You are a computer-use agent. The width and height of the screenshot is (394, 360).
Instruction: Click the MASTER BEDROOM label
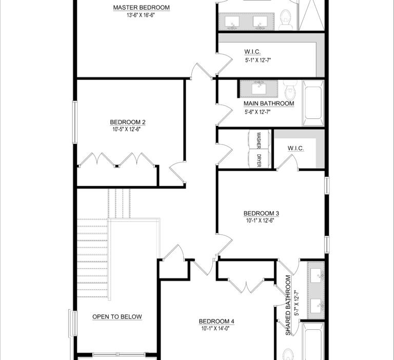pyautogui.click(x=141, y=8)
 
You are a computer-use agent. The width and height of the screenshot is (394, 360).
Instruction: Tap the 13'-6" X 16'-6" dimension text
pyautogui.click(x=141, y=15)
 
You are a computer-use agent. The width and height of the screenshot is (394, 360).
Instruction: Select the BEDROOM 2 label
pyautogui.click(x=128, y=122)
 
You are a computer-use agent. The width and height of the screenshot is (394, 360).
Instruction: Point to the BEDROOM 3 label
pyautogui.click(x=261, y=213)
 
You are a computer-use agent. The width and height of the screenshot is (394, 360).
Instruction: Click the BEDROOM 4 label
pyautogui.click(x=216, y=322)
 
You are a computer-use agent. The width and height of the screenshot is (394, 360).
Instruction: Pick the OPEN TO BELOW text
pyautogui.click(x=117, y=317)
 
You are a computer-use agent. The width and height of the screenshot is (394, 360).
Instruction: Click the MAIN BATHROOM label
pyautogui.click(x=269, y=104)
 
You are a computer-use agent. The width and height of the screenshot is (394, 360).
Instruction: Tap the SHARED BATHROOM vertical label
pyautogui.click(x=288, y=305)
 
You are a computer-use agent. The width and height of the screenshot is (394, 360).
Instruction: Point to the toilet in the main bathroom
pyautogui.click(x=290, y=89)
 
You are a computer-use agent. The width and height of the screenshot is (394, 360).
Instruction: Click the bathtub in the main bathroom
pyautogui.click(x=313, y=103)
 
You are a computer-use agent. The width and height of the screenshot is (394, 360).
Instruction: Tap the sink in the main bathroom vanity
pyautogui.click(x=259, y=88)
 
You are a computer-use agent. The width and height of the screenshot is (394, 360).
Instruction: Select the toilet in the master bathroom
pyautogui.click(x=285, y=19)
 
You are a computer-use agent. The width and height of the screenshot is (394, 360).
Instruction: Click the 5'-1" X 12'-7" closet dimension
pyautogui.click(x=258, y=61)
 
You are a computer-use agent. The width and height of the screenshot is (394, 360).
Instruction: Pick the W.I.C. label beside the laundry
pyautogui.click(x=295, y=148)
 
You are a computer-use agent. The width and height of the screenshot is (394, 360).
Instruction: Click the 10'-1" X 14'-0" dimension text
pyautogui.click(x=215, y=328)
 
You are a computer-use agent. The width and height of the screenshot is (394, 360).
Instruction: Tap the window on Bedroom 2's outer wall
pyautogui.click(x=74, y=122)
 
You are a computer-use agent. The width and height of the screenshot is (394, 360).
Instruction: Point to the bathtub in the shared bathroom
pyautogui.click(x=313, y=341)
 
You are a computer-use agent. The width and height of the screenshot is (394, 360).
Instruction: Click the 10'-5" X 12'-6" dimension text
pyautogui.click(x=126, y=129)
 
